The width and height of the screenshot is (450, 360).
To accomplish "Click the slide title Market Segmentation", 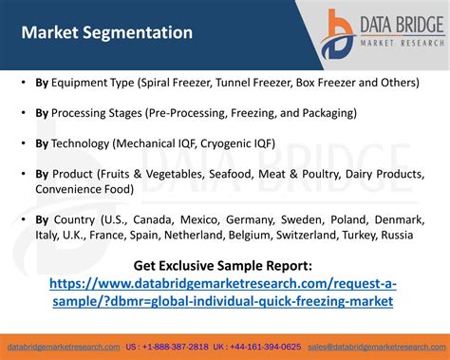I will [106, 32].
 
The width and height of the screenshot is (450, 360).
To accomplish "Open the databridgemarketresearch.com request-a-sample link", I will [223, 292].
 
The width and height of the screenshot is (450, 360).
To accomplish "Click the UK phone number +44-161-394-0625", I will [264, 347].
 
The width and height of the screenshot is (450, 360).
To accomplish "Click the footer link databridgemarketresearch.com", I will [64, 347].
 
